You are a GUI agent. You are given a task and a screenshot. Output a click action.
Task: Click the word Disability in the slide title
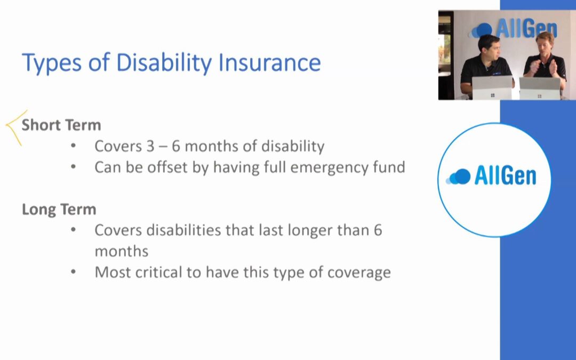tap(164, 62)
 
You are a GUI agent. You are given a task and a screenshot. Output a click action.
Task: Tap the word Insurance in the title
tap(269, 62)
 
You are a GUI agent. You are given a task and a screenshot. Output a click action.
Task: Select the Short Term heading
tap(61, 125)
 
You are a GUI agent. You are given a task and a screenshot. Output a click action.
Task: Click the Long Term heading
tap(59, 210)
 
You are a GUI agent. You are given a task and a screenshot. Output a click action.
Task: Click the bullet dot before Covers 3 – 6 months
tap(74, 146)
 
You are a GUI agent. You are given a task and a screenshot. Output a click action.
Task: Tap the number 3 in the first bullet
tap(150, 146)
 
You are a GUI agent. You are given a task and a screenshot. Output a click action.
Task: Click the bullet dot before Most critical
tap(74, 272)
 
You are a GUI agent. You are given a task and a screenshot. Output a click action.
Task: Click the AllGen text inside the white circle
tap(505, 175)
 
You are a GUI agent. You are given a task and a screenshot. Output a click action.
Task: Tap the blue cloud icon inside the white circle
tap(458, 177)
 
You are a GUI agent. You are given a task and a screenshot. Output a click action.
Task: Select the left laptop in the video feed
tap(492, 88)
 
